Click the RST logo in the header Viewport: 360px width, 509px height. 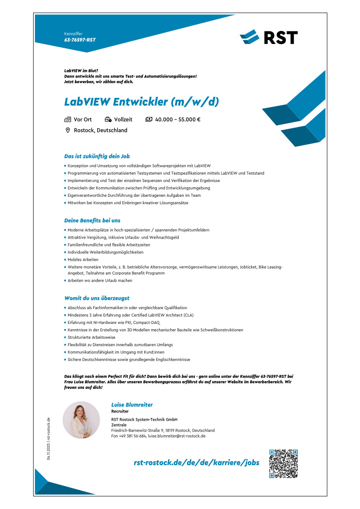pos(268,37)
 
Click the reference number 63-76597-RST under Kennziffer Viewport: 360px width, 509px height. pos(80,40)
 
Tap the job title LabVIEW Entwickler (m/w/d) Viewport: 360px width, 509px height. pos(142,102)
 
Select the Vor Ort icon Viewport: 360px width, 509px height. pos(68,119)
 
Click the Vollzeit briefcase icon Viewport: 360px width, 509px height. pos(108,119)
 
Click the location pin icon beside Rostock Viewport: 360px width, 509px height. pos(68,130)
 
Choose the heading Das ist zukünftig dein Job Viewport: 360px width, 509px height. pos(97,156)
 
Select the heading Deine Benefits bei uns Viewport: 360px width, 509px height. pos(92,220)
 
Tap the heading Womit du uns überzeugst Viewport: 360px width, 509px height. pos(97,298)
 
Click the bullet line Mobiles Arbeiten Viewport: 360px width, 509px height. pos(83,260)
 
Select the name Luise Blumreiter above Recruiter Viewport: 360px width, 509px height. pos(132,405)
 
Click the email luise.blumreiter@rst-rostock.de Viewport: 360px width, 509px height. pos(177,435)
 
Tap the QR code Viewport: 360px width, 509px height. pos(283,464)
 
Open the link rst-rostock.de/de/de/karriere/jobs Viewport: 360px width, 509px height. pos(197,462)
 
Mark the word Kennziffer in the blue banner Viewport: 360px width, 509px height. pos(73,34)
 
